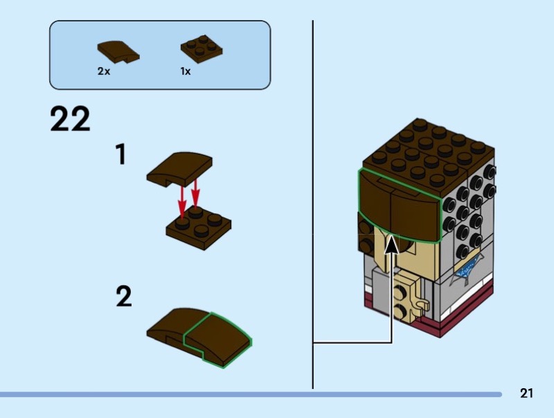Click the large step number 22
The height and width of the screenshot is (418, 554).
(x=70, y=119)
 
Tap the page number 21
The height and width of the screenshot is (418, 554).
(x=526, y=394)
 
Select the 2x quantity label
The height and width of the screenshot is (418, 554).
(x=104, y=71)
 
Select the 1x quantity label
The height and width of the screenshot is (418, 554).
(x=186, y=71)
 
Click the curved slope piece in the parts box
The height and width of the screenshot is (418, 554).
(x=118, y=51)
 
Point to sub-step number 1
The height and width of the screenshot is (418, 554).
(x=120, y=154)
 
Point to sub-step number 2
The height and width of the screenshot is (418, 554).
(x=123, y=297)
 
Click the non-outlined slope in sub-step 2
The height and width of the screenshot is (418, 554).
(x=166, y=327)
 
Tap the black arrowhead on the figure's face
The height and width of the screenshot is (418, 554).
(x=392, y=244)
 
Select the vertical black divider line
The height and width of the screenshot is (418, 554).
(x=313, y=208)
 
